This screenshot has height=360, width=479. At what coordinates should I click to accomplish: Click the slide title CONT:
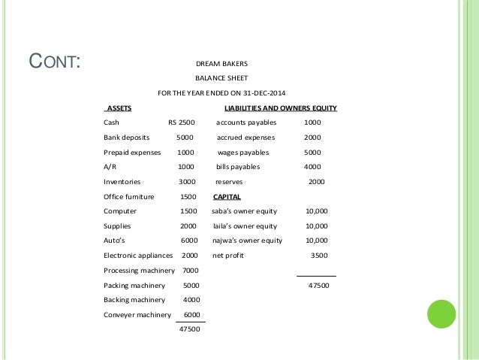53,61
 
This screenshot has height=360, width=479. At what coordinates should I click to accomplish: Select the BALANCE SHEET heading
221,77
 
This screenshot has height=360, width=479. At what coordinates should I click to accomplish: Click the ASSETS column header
119,108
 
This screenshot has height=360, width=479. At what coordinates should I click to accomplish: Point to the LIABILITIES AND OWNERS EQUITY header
276,108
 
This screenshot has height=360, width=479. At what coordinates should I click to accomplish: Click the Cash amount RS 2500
181,123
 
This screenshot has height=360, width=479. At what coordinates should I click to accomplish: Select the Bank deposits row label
126,138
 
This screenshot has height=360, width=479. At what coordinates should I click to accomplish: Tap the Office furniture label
128,196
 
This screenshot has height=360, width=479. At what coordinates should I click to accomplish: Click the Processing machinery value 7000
190,270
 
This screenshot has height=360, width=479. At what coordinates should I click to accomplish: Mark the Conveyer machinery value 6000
191,314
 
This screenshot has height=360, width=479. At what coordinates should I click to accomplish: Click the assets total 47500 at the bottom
189,331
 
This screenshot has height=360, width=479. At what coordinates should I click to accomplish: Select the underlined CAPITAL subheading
227,196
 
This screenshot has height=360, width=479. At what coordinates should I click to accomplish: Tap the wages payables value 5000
312,152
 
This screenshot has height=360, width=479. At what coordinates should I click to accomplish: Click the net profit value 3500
319,255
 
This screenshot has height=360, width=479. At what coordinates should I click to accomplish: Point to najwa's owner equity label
247,241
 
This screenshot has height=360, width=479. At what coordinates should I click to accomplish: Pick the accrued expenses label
246,138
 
